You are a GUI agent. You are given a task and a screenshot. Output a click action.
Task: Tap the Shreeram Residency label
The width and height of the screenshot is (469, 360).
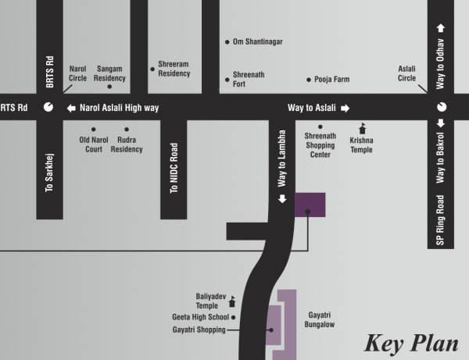174,69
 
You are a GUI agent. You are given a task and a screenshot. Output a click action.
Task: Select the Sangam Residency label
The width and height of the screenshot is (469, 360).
109,73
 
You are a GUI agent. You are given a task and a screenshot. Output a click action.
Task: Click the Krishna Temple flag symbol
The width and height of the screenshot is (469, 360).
361,127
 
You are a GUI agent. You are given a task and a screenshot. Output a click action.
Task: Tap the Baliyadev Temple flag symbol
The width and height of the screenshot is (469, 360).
232,302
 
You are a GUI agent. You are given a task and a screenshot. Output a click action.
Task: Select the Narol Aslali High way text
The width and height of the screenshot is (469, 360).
119,108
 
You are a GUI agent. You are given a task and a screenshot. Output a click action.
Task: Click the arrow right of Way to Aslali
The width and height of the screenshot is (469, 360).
345,108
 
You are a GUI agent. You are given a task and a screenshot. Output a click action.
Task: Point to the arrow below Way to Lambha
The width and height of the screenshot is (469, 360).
283,198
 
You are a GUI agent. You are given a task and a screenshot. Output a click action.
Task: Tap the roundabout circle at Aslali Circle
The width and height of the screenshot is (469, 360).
440,107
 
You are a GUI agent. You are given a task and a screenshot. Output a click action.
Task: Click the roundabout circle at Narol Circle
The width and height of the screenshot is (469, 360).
48,108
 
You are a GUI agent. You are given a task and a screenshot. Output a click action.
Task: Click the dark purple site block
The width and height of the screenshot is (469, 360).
310,204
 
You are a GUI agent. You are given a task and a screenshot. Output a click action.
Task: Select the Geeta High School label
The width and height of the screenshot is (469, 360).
200,318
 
